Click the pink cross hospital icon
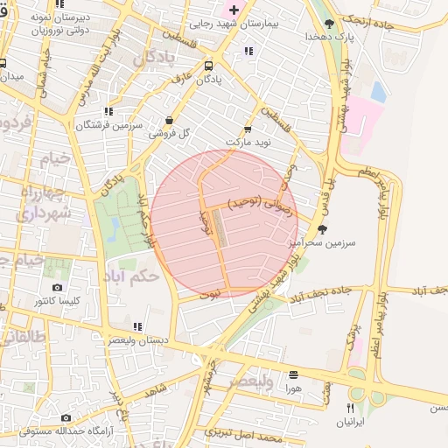tap(233, 9)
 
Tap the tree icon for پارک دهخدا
tap(329, 24)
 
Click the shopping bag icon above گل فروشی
tap(169, 121)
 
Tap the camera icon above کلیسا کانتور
tap(57, 288)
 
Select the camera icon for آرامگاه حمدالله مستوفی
tap(66, 417)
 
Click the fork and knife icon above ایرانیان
tap(350, 408)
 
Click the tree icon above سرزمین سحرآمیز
tap(321, 228)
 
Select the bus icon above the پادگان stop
tap(208, 65)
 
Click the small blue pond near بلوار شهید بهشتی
tap(378, 91)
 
